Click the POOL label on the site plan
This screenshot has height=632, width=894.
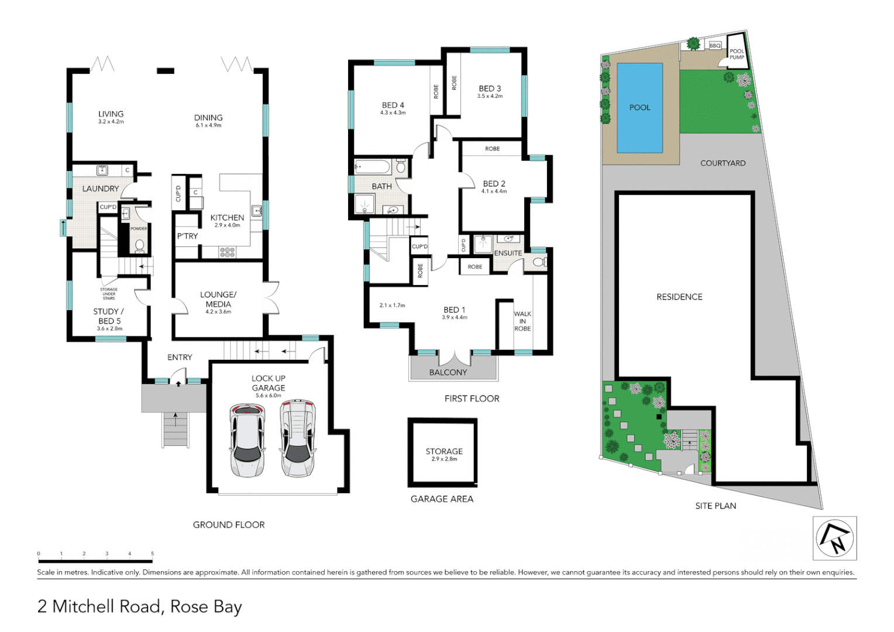(639, 108)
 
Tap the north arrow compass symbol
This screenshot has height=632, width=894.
(835, 538)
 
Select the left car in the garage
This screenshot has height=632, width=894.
(247, 439)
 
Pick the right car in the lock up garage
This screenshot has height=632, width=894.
(297, 438)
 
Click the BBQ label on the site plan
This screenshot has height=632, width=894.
(715, 46)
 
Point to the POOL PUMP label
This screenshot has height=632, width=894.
(737, 54)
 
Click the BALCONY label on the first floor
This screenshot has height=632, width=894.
(448, 372)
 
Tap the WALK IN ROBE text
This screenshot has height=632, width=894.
(522, 321)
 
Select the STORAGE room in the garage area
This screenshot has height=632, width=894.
(443, 453)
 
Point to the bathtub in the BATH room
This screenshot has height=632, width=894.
(373, 167)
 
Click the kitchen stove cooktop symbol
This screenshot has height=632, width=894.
(227, 252)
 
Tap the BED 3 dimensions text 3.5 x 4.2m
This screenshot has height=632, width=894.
(490, 96)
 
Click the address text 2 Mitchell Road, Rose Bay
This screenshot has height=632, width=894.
(139, 606)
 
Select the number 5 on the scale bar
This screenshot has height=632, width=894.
(152, 554)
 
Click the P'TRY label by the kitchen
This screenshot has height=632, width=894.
(187, 236)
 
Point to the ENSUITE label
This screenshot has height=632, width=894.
(508, 253)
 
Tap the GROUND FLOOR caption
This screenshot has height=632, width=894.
(229, 525)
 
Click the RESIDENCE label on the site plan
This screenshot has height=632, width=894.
(679, 297)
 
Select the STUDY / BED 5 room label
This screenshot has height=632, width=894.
(109, 316)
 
